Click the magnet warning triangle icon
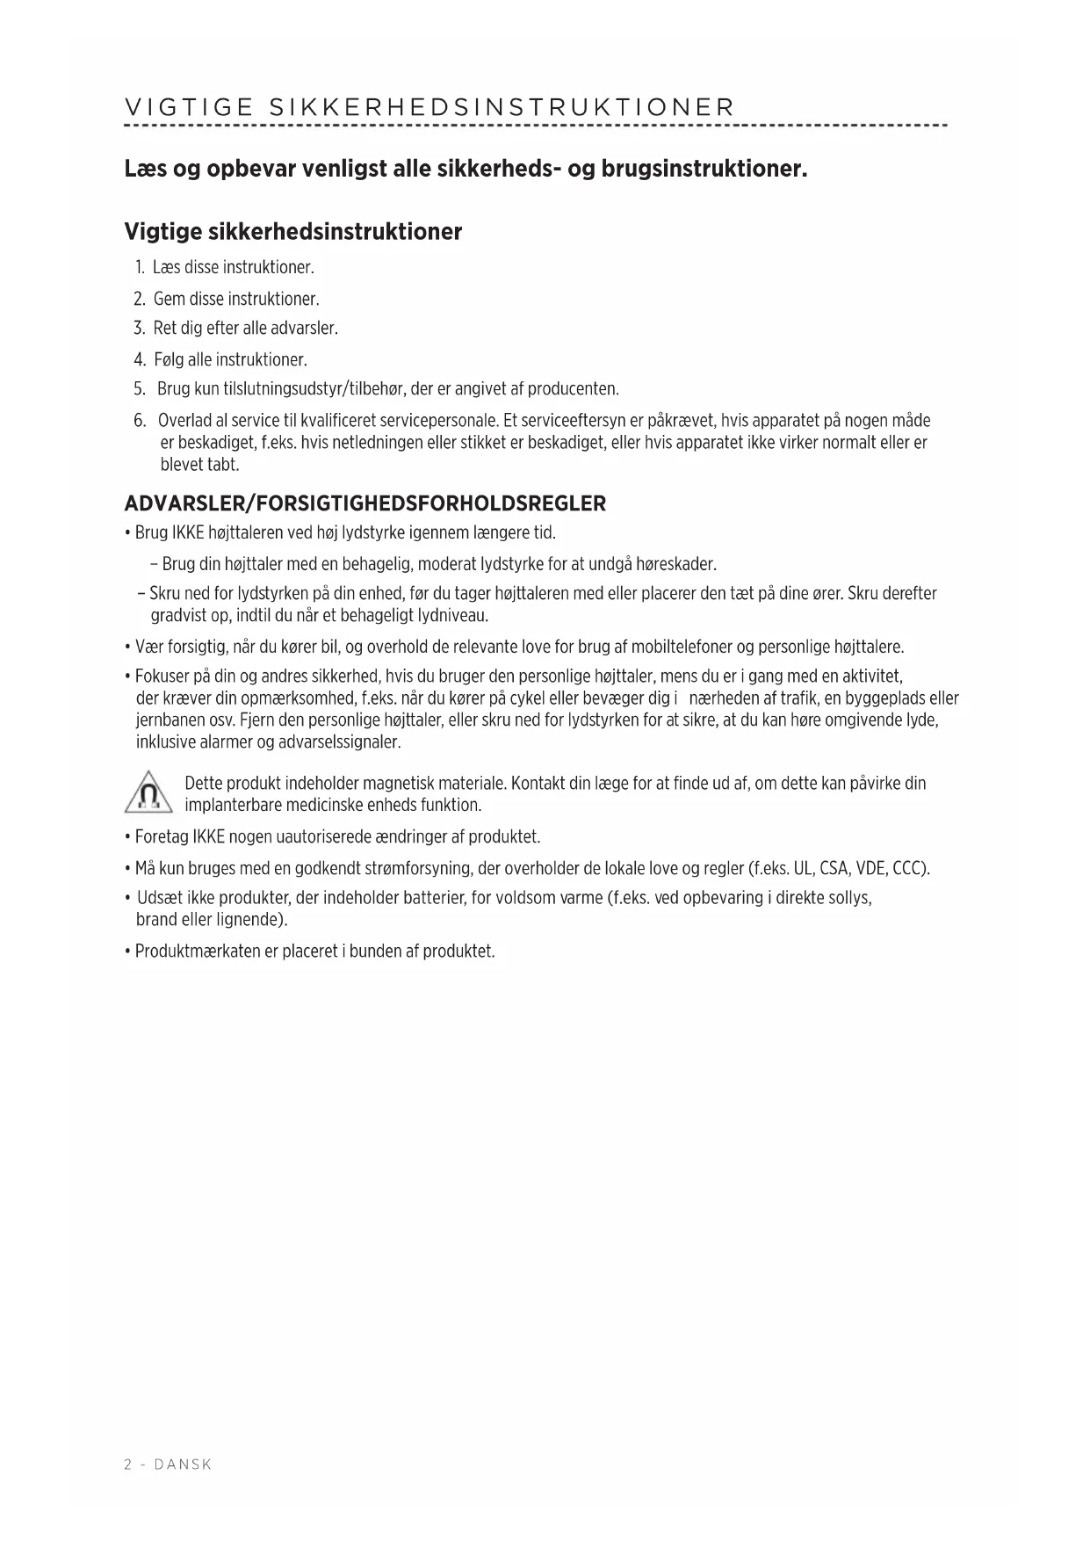click(149, 793)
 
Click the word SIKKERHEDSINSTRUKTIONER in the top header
click(501, 108)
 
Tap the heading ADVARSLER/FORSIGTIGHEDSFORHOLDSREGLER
click(365, 503)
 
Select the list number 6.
click(140, 421)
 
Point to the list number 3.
click(139, 329)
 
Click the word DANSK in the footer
click(183, 1465)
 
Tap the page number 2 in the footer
click(128, 1465)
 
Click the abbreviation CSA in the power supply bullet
click(834, 869)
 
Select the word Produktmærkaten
click(197, 951)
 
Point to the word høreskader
click(675, 564)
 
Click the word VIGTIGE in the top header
click(189, 108)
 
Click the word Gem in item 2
click(169, 299)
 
